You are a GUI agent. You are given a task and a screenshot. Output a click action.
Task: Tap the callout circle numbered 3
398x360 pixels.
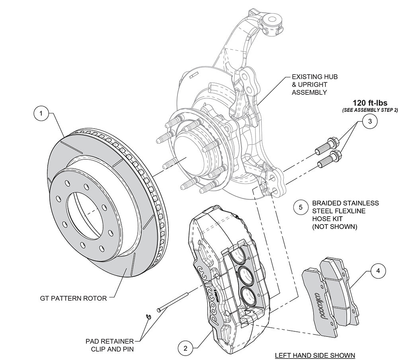coord(370,121)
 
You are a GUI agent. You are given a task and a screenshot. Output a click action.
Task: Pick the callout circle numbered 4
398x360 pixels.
coord(378,271)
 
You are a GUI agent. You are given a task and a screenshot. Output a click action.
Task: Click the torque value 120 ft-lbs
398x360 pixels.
coord(370,103)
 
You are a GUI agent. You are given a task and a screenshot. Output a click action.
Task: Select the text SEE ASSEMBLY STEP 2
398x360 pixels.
coord(370,110)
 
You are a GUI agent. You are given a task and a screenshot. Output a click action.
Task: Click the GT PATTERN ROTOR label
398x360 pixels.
coord(73,298)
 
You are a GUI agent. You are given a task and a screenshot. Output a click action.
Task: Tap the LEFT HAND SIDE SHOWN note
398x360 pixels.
coord(315,355)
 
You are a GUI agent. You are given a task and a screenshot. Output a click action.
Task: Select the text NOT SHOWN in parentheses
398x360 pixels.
coord(335,227)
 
